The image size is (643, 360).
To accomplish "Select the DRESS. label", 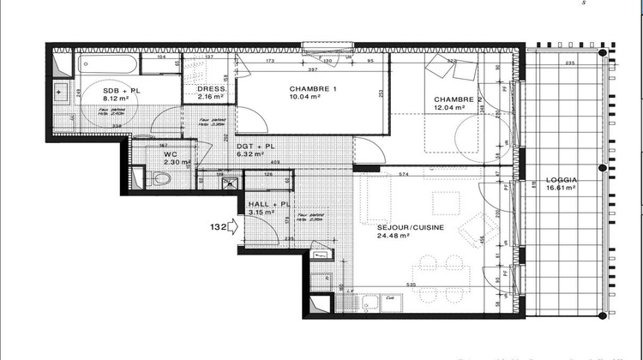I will point(211,88).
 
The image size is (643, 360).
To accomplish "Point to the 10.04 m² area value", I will point(304,98).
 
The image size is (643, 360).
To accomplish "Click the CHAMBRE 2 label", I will point(455,99).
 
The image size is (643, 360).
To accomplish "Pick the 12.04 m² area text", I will point(449,107).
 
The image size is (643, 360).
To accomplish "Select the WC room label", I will point(170,154).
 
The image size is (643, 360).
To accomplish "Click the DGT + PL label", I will point(255,147).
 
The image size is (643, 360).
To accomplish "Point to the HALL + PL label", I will point(266,206).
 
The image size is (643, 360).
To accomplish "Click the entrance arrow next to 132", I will point(234,227).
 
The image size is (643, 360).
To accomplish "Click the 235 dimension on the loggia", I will point(569,64).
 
